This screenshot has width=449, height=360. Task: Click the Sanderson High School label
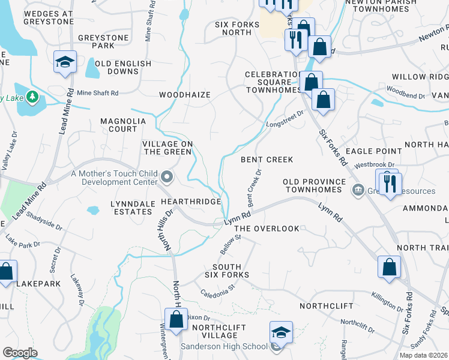[224, 346]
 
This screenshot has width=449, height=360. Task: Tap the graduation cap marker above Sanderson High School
[280, 332]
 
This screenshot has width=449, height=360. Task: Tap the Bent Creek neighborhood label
[267, 160]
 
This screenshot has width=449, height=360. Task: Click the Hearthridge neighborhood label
[191, 202]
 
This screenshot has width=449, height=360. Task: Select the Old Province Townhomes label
[316, 185]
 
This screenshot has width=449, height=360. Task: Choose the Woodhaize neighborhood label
[184, 95]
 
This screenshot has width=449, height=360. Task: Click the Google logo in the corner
[19, 353]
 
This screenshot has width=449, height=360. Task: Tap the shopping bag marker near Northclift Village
[176, 319]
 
